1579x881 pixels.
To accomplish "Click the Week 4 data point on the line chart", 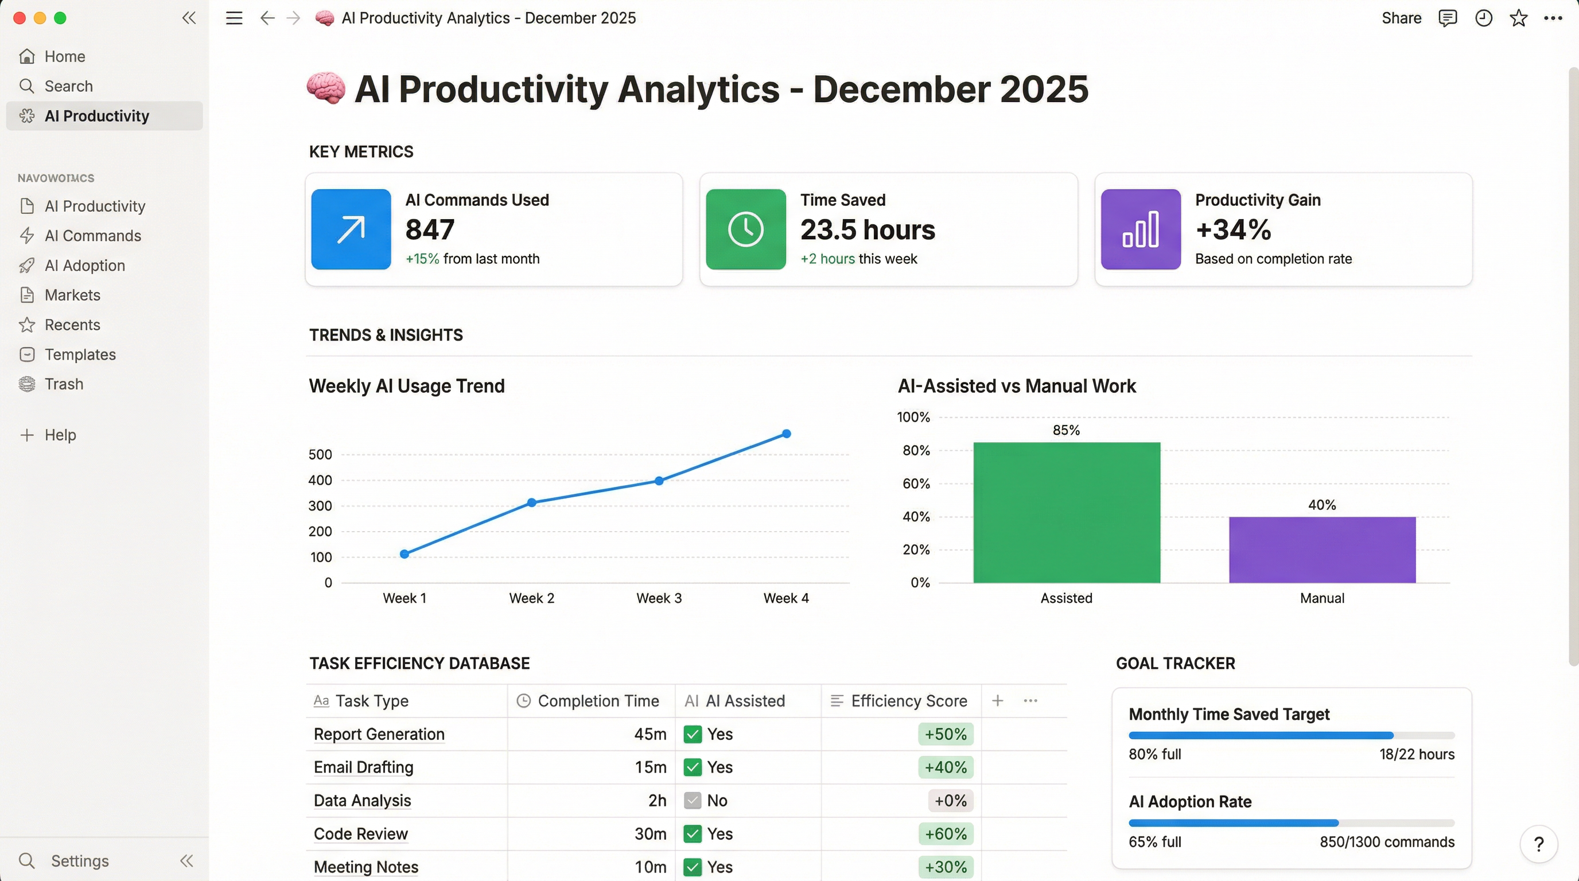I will [787, 434].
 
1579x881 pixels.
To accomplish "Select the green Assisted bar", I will [1067, 512].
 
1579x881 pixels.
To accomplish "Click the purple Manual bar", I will [1322, 549].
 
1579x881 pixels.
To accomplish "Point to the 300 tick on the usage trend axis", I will [320, 506].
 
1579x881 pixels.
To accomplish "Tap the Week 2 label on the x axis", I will [531, 598].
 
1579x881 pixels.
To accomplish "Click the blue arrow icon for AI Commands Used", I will [351, 229].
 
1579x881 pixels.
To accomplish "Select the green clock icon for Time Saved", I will [745, 229].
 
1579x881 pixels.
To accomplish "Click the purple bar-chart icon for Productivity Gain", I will [1140, 229].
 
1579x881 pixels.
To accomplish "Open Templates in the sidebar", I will [80, 354].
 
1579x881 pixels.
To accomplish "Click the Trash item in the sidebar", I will [64, 384].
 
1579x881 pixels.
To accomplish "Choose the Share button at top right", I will [1401, 18].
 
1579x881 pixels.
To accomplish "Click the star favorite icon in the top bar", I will [1518, 18].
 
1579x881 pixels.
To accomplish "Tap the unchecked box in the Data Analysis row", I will [693, 800].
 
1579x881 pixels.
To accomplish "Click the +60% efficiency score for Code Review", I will [945, 834].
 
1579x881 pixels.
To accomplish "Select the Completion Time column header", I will [598, 701].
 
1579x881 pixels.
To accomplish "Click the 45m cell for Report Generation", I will [650, 734].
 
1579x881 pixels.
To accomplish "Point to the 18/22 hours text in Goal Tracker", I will [1417, 754].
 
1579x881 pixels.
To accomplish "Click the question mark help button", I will [1538, 844].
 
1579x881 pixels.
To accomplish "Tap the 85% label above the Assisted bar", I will [1066, 430].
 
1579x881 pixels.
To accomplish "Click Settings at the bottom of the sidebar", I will [80, 861].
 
